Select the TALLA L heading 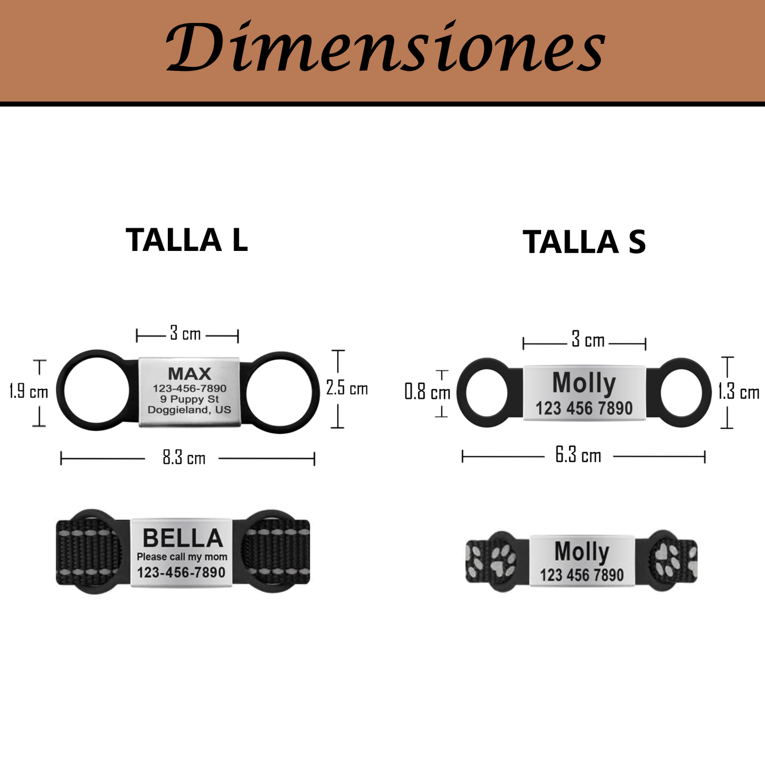click(187, 240)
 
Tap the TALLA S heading click(584, 242)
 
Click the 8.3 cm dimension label click(184, 458)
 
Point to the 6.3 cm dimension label click(578, 456)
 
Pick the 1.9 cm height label click(29, 392)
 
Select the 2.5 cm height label click(347, 388)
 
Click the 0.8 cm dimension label click(427, 392)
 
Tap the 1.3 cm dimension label click(739, 392)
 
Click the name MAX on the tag click(190, 374)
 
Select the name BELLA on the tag click(183, 538)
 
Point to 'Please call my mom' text click(182, 557)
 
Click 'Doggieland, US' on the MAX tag click(190, 410)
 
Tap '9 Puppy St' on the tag click(190, 399)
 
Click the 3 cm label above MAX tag click(185, 334)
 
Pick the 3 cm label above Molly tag click(588, 340)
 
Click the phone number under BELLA click(181, 573)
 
